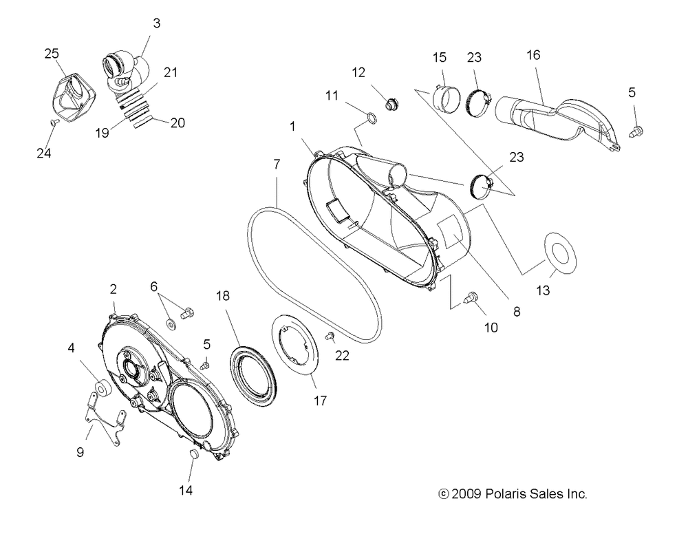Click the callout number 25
[x=51, y=53]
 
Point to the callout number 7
[x=277, y=164]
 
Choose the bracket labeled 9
[x=106, y=416]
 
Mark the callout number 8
[x=516, y=311]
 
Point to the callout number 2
[x=114, y=290]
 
